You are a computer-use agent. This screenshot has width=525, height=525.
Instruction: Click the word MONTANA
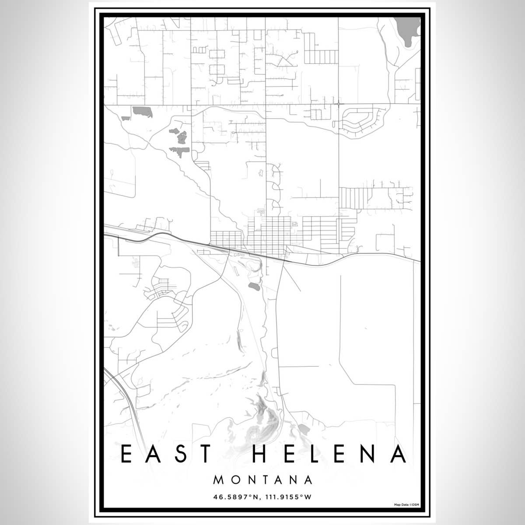point(263,480)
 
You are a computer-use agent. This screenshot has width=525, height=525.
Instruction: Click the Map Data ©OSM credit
point(406,504)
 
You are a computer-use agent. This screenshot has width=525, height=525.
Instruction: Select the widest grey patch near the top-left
point(142,112)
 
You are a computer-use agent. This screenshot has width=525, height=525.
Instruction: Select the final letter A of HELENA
point(398,454)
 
